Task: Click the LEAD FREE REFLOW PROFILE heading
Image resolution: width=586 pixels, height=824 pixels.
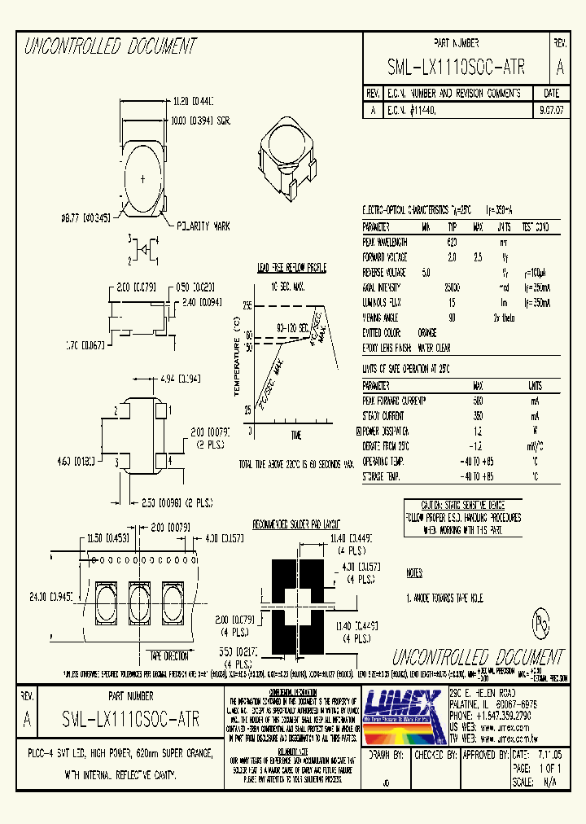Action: click(x=292, y=267)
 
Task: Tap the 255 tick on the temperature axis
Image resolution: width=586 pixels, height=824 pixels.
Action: click(x=247, y=305)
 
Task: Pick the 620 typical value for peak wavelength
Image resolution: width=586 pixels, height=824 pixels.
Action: click(x=452, y=242)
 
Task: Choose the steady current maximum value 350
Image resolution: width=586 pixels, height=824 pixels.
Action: click(x=478, y=415)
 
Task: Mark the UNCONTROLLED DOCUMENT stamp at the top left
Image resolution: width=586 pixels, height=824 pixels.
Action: click(x=110, y=46)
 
